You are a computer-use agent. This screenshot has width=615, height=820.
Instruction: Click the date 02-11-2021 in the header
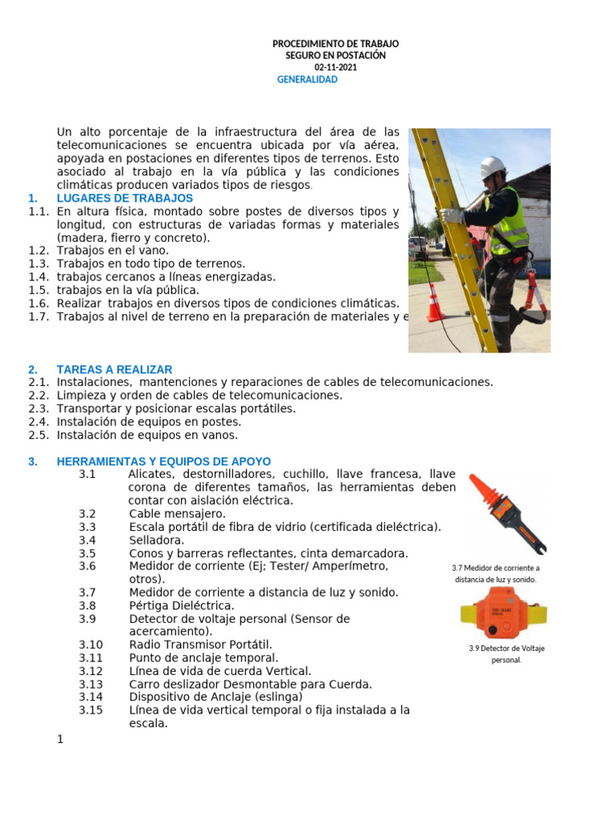(x=336, y=67)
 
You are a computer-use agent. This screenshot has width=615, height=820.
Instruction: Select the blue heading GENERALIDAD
(x=307, y=79)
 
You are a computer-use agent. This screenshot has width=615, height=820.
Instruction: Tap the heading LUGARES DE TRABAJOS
(x=125, y=198)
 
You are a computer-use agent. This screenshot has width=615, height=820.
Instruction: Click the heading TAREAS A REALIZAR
(x=115, y=369)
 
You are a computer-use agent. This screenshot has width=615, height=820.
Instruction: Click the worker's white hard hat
(x=492, y=167)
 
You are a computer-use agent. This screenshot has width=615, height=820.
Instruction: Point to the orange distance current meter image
(x=506, y=512)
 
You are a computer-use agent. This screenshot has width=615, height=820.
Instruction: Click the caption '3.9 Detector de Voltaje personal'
(x=506, y=654)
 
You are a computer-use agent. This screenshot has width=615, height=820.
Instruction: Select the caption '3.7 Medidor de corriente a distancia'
(x=496, y=573)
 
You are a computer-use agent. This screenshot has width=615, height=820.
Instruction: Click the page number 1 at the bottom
(x=60, y=738)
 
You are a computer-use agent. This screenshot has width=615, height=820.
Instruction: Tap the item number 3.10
(x=91, y=645)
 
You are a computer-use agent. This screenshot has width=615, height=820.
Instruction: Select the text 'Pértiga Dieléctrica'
(x=182, y=605)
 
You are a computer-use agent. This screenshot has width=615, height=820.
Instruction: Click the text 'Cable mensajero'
(x=177, y=513)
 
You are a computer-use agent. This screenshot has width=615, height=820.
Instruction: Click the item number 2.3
(x=38, y=408)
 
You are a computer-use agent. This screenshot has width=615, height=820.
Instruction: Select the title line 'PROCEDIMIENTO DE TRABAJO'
(x=336, y=43)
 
